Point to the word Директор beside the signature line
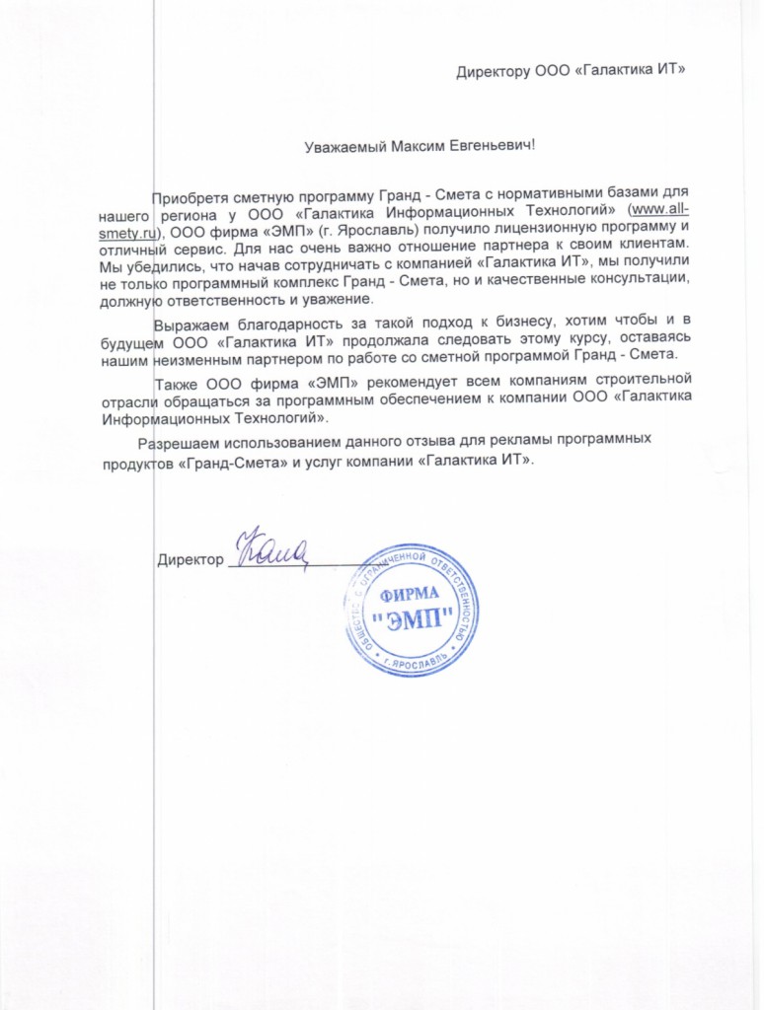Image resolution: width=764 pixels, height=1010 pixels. pos(191,560)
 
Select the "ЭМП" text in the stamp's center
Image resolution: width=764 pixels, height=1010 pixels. pos(413,621)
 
